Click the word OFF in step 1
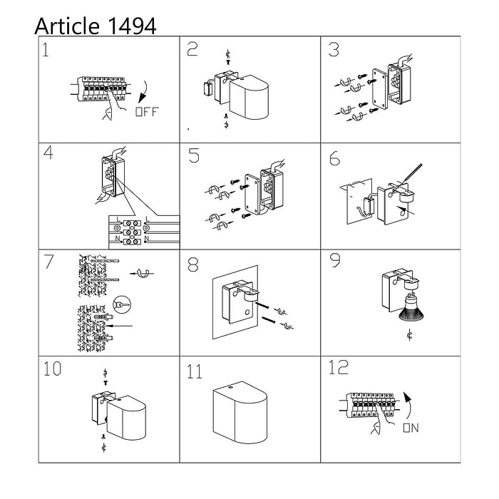click(147, 112)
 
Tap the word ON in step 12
click(411, 428)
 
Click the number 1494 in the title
click(133, 26)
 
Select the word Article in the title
click(67, 26)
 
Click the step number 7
click(48, 262)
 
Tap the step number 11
click(195, 371)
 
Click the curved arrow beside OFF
click(143, 92)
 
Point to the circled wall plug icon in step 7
click(122, 304)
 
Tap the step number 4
click(48, 153)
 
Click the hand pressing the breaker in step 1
click(113, 106)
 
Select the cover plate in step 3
click(380, 89)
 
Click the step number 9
click(335, 260)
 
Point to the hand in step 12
click(382, 420)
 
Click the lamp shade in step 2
click(249, 98)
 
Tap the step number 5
click(194, 155)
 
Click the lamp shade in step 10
click(127, 418)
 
